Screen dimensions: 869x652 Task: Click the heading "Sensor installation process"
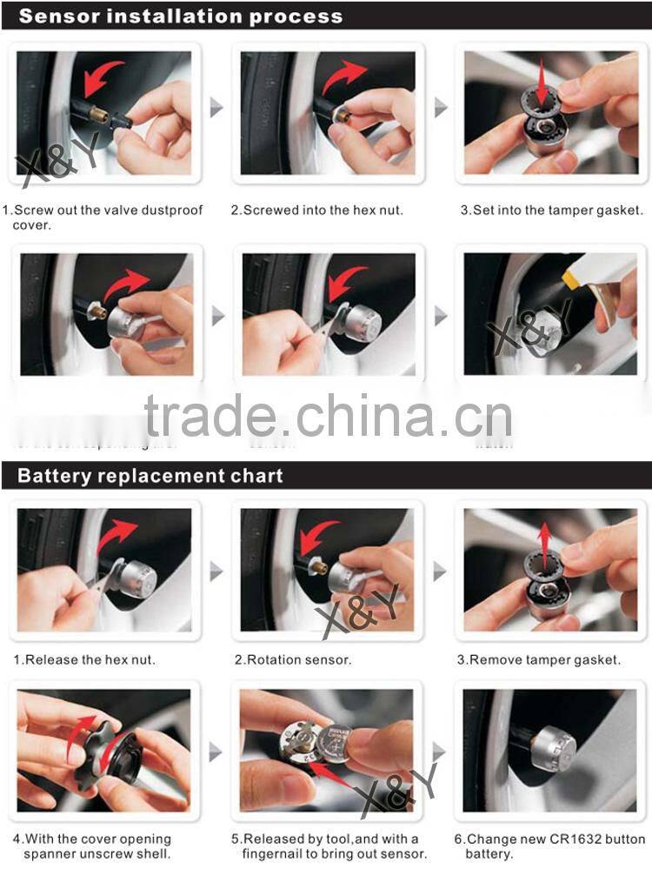coord(181,16)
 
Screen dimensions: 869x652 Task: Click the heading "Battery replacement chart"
coord(150,476)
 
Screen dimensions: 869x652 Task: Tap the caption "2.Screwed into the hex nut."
coord(316,210)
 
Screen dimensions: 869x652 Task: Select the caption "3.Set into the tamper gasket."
coord(552,210)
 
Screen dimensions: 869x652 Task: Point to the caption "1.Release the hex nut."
coord(84,659)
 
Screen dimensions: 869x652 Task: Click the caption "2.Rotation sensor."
coord(293,659)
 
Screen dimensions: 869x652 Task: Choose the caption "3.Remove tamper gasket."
coord(539,659)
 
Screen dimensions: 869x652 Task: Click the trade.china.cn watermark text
coord(328,416)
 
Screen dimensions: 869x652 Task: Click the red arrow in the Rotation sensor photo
coord(318,537)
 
